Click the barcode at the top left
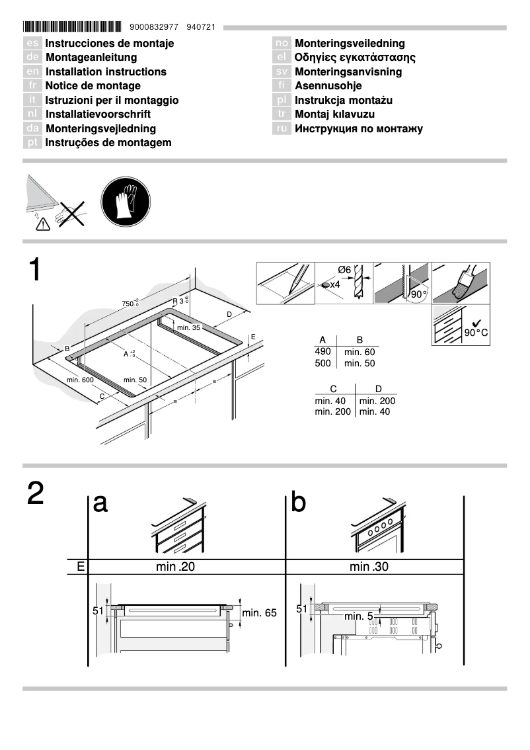[72, 27]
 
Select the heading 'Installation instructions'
[106, 71]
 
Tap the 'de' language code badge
[33, 58]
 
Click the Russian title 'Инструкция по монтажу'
[358, 128]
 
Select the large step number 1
[35, 271]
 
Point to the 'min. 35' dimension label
[188, 327]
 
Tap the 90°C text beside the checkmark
[476, 333]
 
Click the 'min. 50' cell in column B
[360, 364]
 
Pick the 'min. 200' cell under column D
[377, 401]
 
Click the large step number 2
[36, 494]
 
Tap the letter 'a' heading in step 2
[100, 503]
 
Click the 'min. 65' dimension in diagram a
[259, 613]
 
